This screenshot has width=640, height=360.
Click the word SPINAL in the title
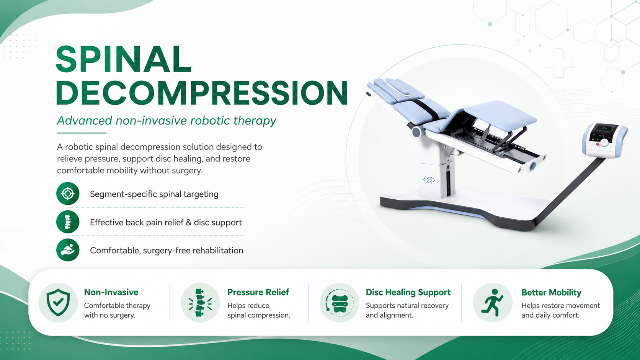point(123,59)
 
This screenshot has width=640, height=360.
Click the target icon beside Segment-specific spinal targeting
point(68,194)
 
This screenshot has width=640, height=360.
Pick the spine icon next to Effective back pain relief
point(68,222)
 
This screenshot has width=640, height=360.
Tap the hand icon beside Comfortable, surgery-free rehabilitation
point(68,250)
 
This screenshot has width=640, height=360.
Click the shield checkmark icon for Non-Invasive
point(58,302)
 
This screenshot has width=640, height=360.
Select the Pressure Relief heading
point(258,292)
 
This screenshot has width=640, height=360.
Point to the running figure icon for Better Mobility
point(492,303)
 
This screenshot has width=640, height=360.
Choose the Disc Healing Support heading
point(408,292)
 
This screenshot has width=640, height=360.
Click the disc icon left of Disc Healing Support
point(340,303)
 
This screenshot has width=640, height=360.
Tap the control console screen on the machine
point(603,132)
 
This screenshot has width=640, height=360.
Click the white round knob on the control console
point(604,143)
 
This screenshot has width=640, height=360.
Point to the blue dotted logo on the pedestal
point(429,180)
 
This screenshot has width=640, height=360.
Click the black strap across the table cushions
point(425,109)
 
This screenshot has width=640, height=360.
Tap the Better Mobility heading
point(551,292)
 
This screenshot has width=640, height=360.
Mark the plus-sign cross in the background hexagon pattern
point(558,63)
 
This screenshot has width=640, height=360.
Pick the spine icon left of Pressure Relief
point(200,303)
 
